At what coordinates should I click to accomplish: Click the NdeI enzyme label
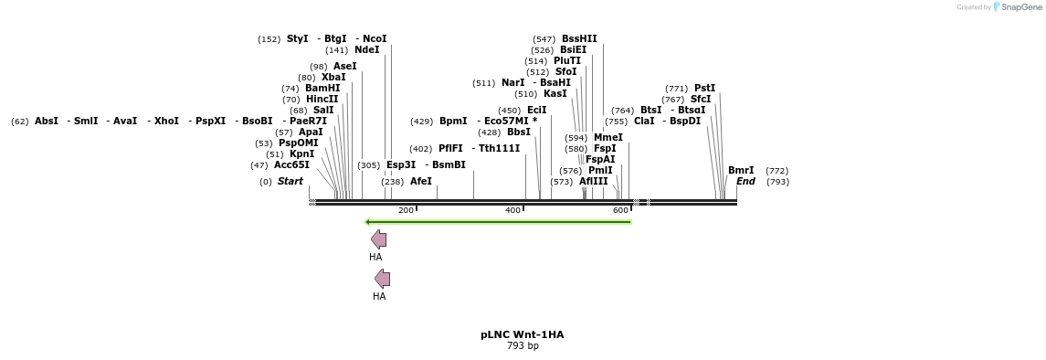click(366, 50)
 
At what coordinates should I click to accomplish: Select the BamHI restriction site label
click(322, 89)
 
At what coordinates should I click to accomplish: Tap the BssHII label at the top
click(579, 39)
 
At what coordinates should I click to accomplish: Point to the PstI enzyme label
click(704, 89)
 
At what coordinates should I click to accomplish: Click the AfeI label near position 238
click(420, 182)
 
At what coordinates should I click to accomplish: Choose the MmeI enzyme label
click(608, 138)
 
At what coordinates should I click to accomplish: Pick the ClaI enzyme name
click(644, 122)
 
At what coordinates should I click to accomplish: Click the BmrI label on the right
click(741, 171)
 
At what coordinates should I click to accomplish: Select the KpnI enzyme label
click(301, 154)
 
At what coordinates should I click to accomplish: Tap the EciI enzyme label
click(536, 111)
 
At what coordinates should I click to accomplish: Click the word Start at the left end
click(290, 182)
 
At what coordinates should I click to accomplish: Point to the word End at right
click(745, 182)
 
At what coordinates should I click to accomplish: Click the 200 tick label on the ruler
click(406, 211)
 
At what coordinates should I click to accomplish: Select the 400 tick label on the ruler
click(512, 211)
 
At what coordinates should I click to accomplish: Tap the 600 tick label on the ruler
click(620, 211)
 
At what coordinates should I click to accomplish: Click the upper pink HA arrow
click(378, 239)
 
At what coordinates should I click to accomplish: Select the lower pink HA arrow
click(382, 279)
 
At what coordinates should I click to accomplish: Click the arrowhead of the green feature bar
click(367, 222)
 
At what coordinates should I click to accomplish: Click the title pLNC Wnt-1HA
click(522, 334)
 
